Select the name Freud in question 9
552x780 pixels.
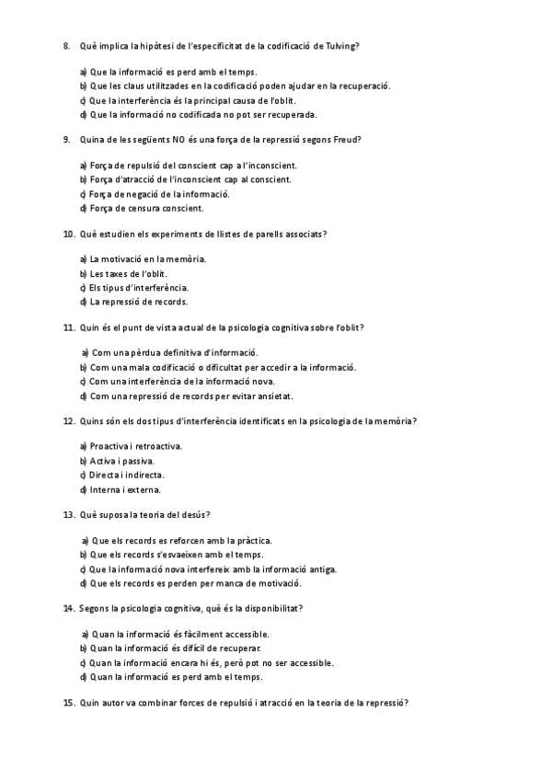point(347,140)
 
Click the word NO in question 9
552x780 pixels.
point(179,140)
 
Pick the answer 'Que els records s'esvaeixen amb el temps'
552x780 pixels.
point(176,555)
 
